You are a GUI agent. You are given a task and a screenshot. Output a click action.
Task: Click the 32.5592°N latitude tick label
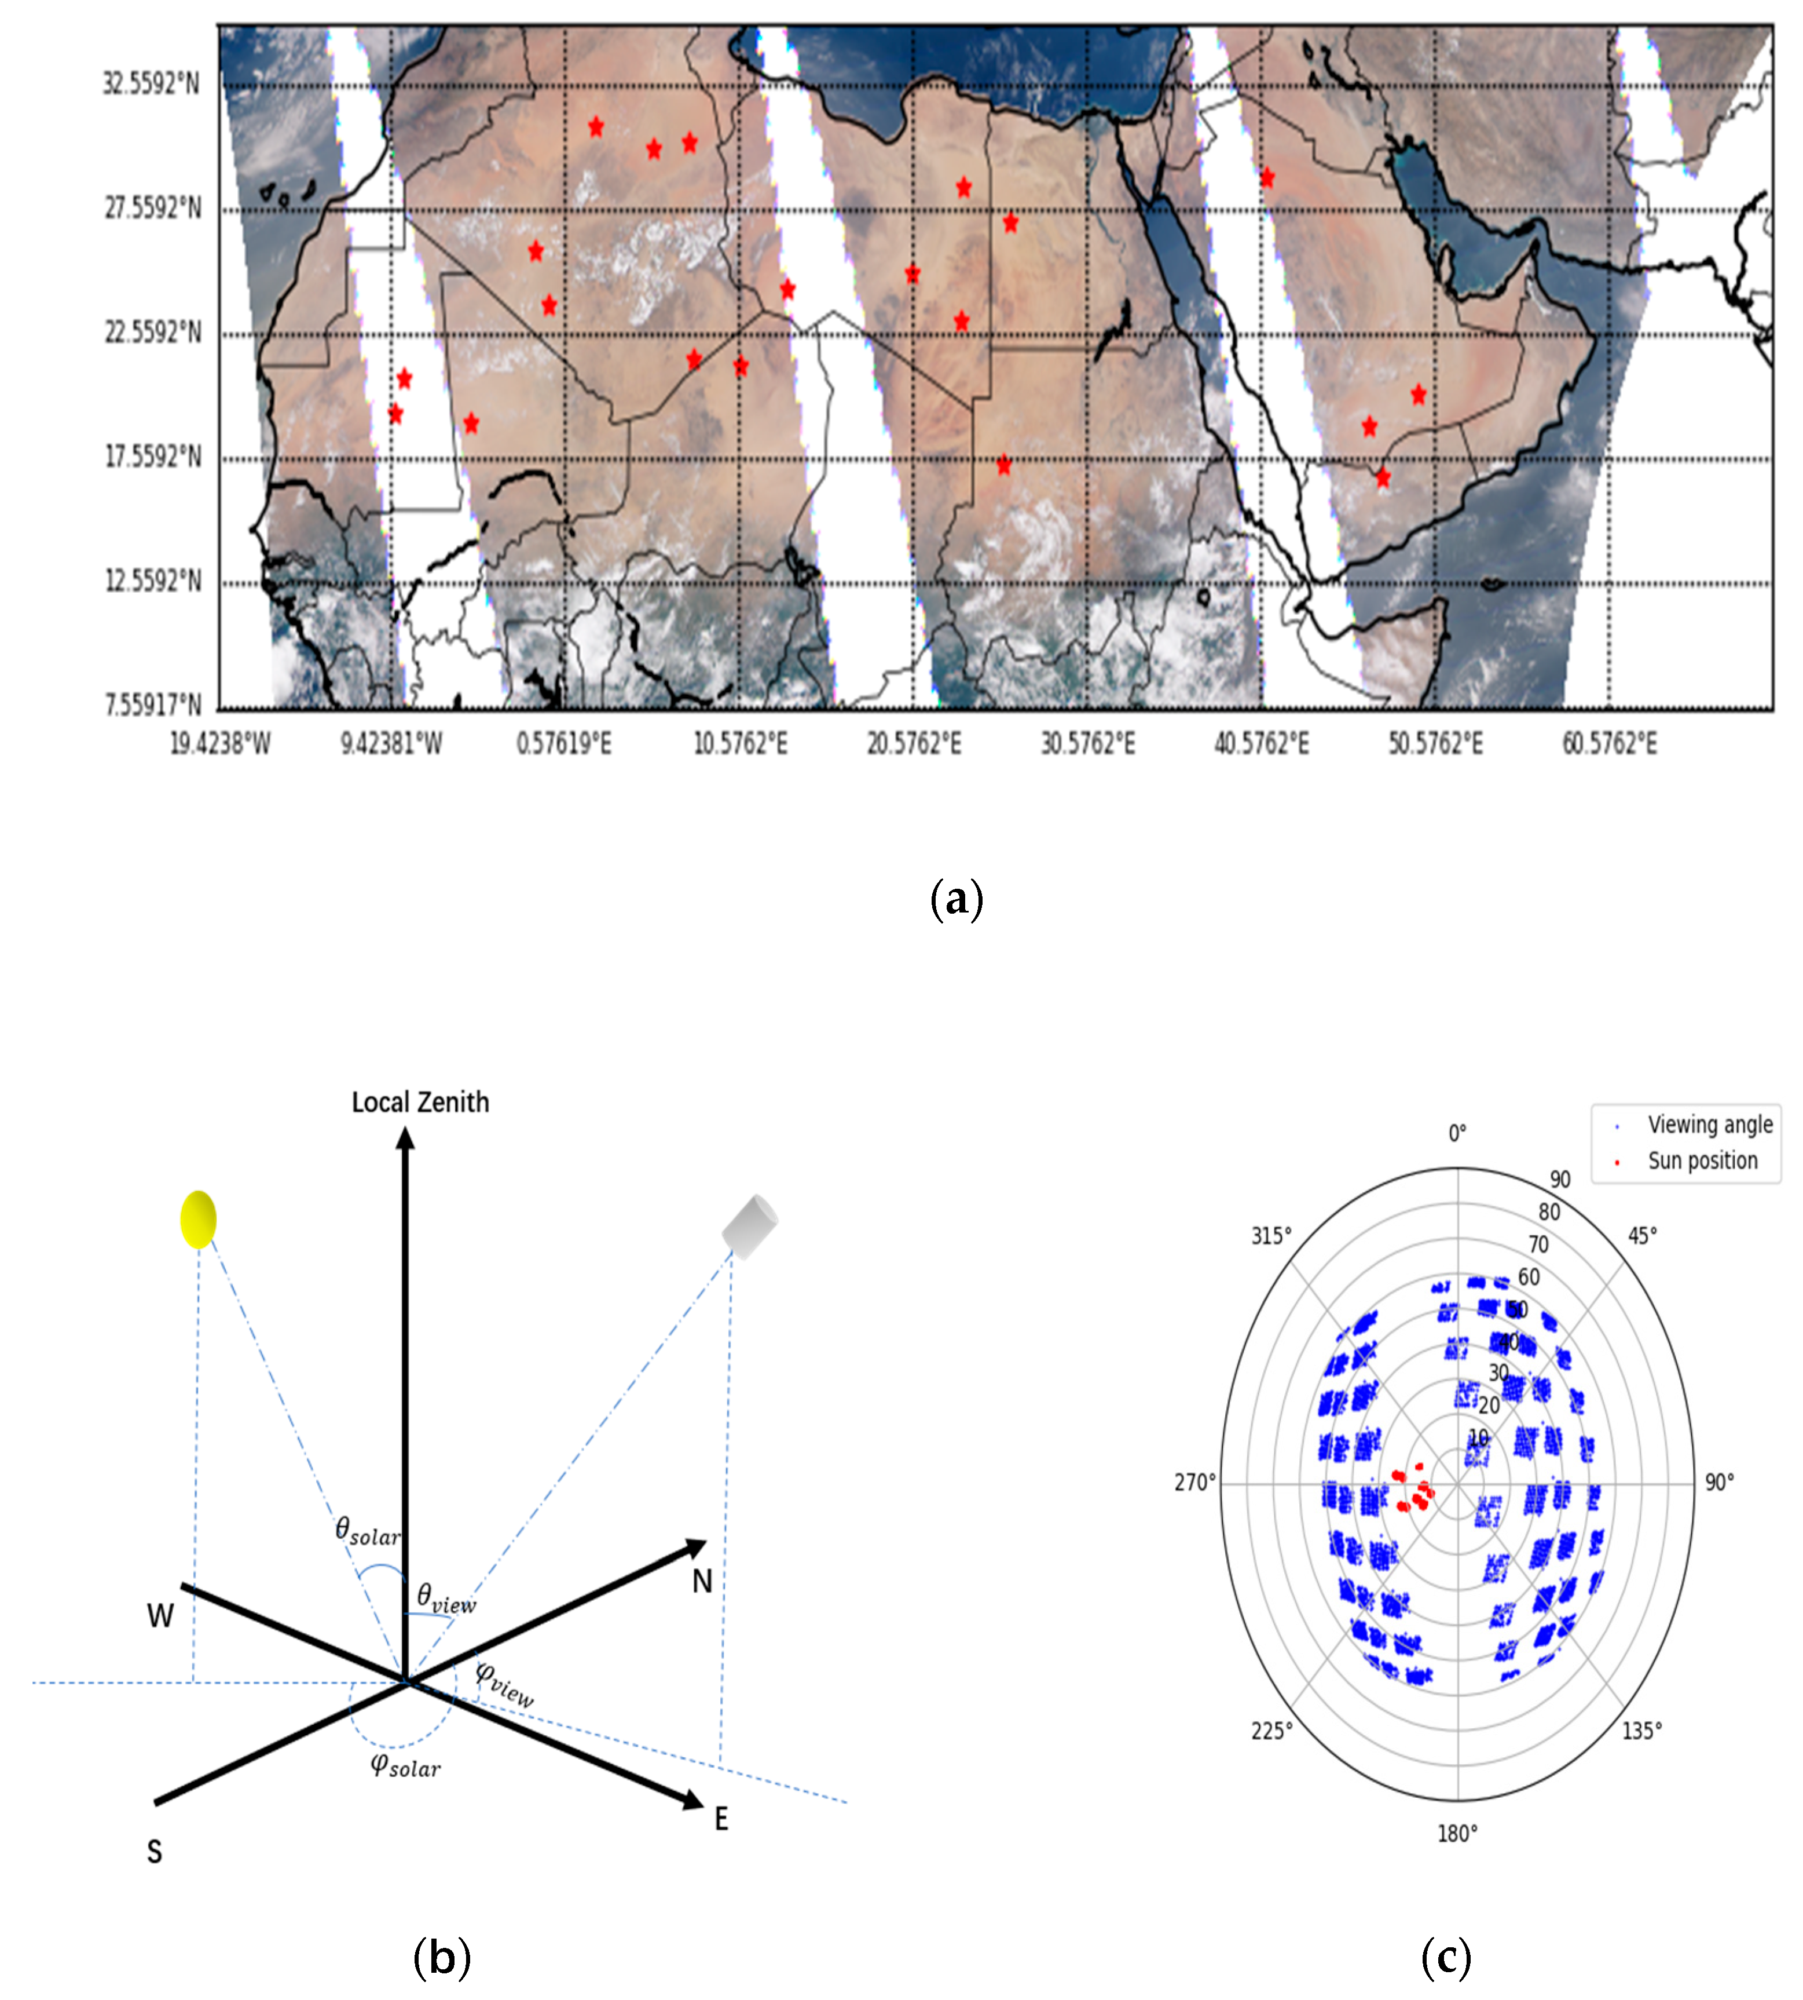pos(151,83)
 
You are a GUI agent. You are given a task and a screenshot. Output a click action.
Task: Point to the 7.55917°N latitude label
pos(152,705)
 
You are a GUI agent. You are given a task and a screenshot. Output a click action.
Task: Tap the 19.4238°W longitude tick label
pos(220,743)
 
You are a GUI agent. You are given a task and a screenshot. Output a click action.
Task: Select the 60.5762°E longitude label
pos(1609,743)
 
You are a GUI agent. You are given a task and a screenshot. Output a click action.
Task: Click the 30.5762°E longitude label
pos(1088,743)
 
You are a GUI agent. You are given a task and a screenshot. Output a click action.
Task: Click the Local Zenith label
pos(420,1102)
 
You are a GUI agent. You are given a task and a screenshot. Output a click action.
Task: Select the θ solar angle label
pos(368,1531)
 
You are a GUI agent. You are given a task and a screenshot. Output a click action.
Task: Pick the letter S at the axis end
pos(155,1851)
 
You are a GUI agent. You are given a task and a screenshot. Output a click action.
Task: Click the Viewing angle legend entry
pos(1709,1125)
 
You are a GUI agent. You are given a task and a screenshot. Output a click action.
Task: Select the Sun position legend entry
pos(1702,1160)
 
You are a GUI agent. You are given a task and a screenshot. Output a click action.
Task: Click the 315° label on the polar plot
pos(1271,1236)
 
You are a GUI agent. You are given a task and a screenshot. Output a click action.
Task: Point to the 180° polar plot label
pos(1457,1834)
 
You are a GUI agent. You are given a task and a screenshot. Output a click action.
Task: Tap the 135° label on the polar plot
pos(1641,1731)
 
